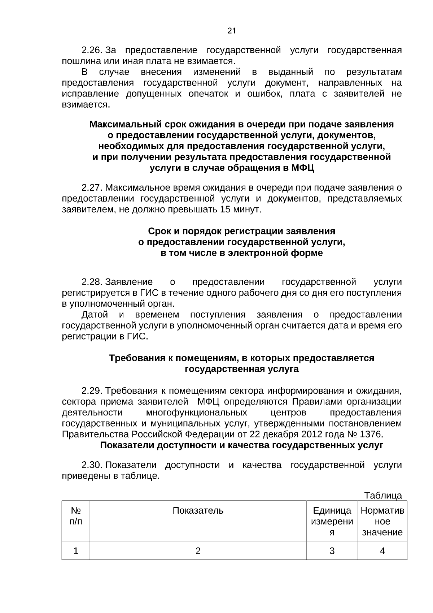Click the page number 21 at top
pyautogui.click(x=232, y=31)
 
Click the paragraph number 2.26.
pyautogui.click(x=92, y=50)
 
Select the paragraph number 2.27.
pyautogui.click(x=92, y=188)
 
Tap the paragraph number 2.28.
pyautogui.click(x=92, y=282)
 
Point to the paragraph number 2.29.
pyautogui.click(x=92, y=390)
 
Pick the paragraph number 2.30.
pyautogui.click(x=92, y=465)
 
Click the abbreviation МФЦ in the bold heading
pyautogui.click(x=302, y=168)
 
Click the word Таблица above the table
pyautogui.click(x=382, y=495)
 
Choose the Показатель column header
pyautogui.click(x=198, y=510)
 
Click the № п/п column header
pyautogui.click(x=76, y=516)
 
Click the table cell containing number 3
pyautogui.click(x=332, y=551)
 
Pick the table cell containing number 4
pyautogui.click(x=382, y=551)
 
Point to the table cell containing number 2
pyautogui.click(x=198, y=551)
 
